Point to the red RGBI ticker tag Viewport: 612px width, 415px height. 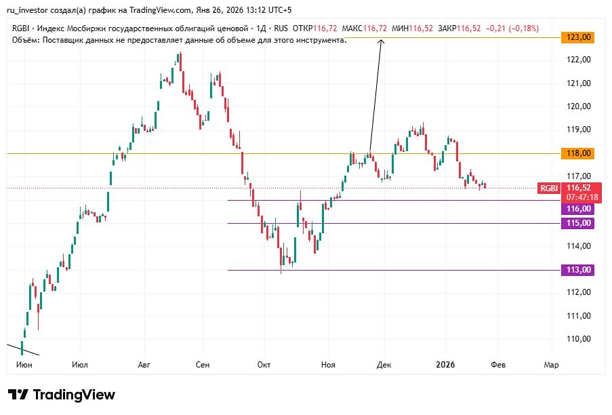pos(548,188)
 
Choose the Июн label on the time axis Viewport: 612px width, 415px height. pos(23,365)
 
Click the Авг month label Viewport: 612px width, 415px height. pos(144,365)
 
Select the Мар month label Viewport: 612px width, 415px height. pos(552,365)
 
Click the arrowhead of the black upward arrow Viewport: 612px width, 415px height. pos(381,42)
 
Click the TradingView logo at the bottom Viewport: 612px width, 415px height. pos(62,395)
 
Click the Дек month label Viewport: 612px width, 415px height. pos(384,365)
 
